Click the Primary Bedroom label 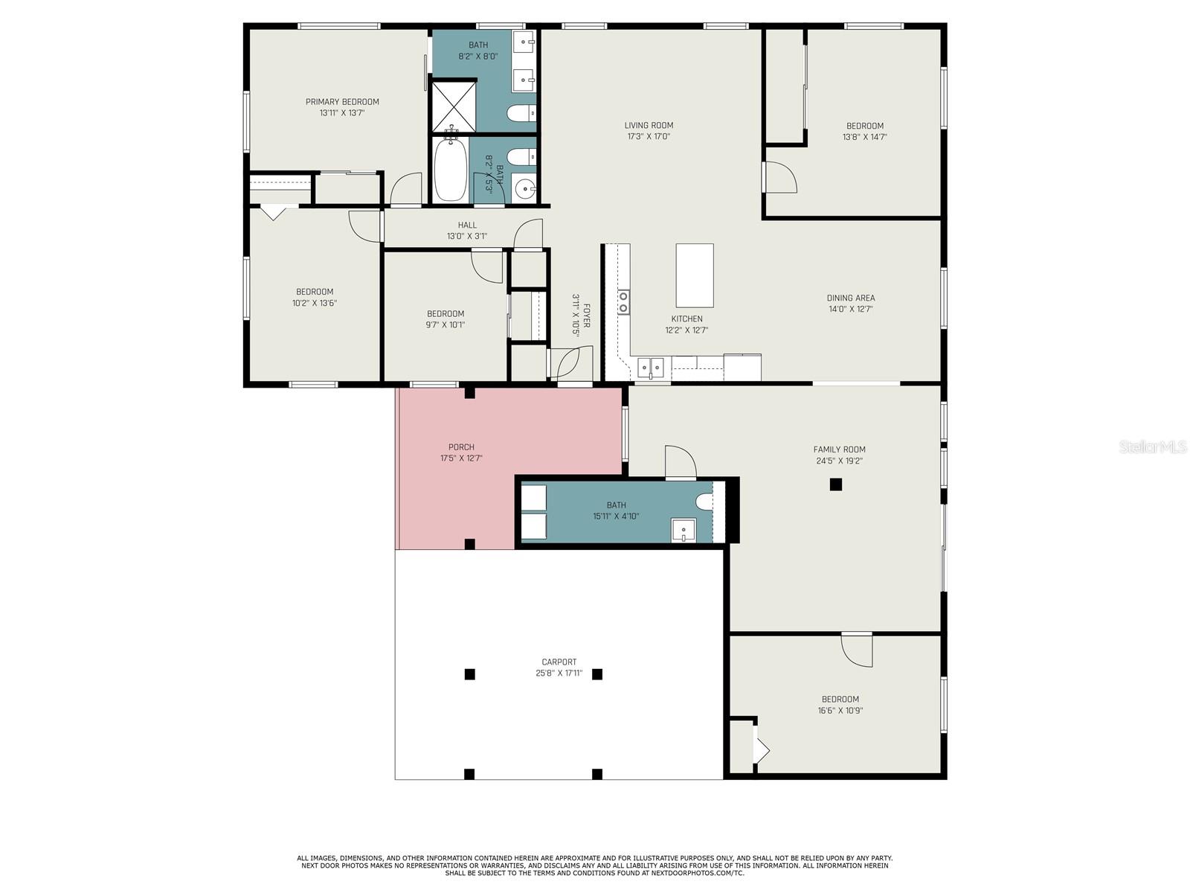[x=342, y=102]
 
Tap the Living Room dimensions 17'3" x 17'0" [x=649, y=137]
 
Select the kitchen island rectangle [x=695, y=275]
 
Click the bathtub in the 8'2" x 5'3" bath [x=451, y=168]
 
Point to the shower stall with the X [x=454, y=105]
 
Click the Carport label [x=559, y=662]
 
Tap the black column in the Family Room [x=836, y=484]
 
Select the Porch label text [x=461, y=447]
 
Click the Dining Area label [x=851, y=298]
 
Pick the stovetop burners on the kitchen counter [x=623, y=302]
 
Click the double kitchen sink [x=650, y=368]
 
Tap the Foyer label [x=587, y=316]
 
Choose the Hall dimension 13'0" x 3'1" [x=467, y=237]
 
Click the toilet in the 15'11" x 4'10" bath [x=704, y=502]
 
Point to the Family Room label [x=839, y=449]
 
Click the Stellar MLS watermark [x=1153, y=446]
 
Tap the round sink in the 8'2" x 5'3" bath [x=524, y=189]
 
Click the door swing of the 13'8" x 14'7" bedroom [x=781, y=177]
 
